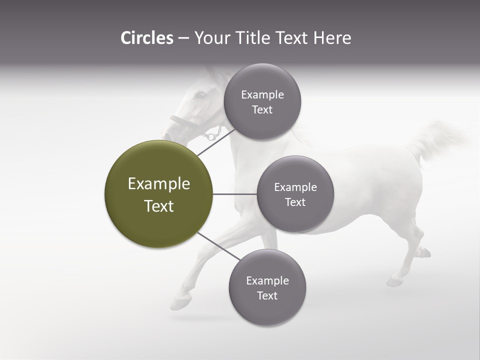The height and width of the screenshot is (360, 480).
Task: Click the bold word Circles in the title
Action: click(x=146, y=38)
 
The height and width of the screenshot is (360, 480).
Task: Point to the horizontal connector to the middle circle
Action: click(x=235, y=194)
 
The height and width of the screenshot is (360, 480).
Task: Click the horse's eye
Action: click(x=201, y=94)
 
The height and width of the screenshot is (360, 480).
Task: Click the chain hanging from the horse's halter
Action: click(x=212, y=134)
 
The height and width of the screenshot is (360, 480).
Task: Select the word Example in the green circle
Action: click(x=158, y=184)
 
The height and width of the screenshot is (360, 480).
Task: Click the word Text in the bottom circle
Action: click(x=267, y=295)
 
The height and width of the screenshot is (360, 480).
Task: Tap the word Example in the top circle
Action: click(x=262, y=95)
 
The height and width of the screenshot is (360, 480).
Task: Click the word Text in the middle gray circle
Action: click(x=295, y=202)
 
